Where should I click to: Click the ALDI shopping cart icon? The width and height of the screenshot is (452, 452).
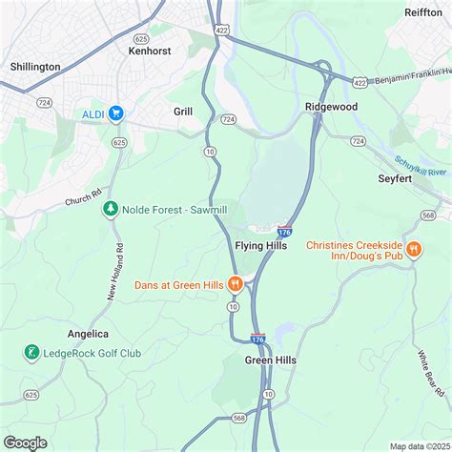click(116, 113)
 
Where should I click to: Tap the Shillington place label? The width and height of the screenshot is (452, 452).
click(35, 67)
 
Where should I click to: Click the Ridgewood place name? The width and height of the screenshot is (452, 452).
click(331, 107)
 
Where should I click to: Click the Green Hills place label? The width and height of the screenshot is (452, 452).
click(270, 360)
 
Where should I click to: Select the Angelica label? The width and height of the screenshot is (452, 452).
click(88, 334)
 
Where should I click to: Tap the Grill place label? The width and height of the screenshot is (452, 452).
click(183, 112)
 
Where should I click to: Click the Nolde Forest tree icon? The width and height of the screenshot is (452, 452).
click(111, 208)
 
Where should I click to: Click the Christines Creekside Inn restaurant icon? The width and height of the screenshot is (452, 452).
click(414, 250)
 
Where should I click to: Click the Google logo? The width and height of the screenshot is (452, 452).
click(26, 442)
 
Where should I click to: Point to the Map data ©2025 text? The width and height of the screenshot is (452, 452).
click(419, 445)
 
